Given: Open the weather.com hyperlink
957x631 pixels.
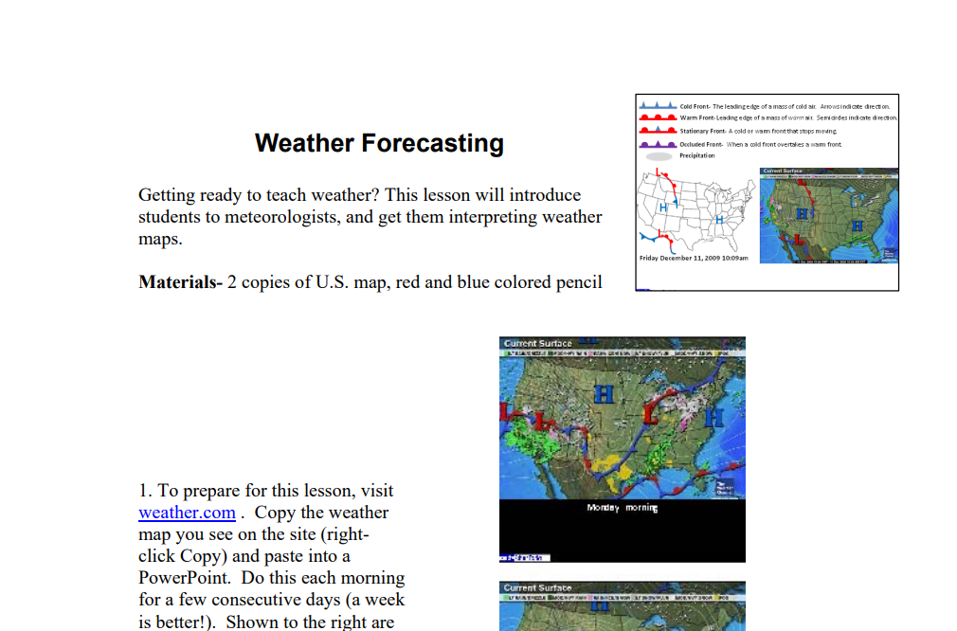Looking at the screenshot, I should (187, 513).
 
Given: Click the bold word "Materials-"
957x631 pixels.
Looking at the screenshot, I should (180, 281).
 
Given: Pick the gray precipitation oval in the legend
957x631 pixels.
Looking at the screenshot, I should (659, 156).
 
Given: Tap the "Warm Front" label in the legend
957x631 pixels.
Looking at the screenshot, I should (696, 118).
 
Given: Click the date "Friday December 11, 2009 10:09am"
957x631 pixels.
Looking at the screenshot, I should (694, 258).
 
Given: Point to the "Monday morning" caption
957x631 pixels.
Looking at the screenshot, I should (622, 509).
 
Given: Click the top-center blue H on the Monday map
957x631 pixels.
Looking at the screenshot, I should (602, 392).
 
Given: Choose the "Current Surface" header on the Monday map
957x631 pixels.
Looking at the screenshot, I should (538, 343).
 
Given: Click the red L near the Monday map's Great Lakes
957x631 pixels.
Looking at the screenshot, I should (652, 413).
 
